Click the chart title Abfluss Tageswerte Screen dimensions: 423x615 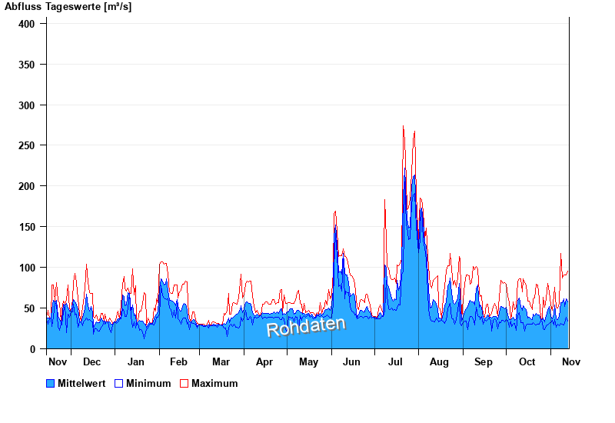[68, 7]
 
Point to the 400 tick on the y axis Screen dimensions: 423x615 [28, 24]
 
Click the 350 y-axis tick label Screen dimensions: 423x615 [28, 65]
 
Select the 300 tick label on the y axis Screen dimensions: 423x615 [28, 105]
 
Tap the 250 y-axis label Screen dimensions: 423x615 [28, 145]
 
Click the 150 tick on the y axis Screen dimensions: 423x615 [28, 227]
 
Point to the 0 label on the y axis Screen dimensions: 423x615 [33, 349]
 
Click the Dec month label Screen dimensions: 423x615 [91, 362]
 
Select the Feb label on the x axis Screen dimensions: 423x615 [178, 362]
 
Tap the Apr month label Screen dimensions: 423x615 [264, 362]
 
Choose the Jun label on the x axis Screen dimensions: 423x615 [352, 362]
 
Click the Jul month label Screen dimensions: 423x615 [396, 362]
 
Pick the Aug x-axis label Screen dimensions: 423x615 [439, 362]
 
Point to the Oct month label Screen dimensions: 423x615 [527, 362]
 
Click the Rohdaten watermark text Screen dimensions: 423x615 [306, 326]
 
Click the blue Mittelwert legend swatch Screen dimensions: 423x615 [51, 383]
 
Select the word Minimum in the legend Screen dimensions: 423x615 [148, 383]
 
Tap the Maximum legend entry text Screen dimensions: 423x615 [214, 383]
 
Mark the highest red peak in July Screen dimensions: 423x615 [404, 127]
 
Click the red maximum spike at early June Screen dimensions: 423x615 [335, 212]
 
